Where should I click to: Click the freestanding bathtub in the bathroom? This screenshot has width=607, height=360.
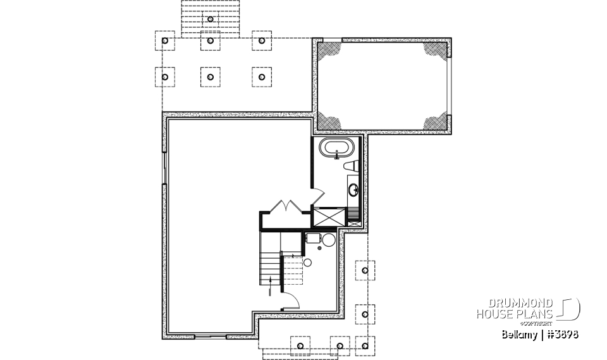click(x=335, y=150)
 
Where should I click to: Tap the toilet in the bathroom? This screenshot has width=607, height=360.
click(x=352, y=166)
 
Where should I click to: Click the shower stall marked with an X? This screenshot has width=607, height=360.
click(x=329, y=217)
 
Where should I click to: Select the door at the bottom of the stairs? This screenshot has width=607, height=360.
click(x=289, y=301)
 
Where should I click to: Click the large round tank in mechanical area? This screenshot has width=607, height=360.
click(x=328, y=240)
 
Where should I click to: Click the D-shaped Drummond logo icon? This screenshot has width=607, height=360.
click(x=570, y=308)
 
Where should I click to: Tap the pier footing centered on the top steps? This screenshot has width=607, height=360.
click(x=211, y=19)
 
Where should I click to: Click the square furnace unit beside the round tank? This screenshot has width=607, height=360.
click(x=312, y=239)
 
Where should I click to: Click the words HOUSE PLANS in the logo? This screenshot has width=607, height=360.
click(x=515, y=314)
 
